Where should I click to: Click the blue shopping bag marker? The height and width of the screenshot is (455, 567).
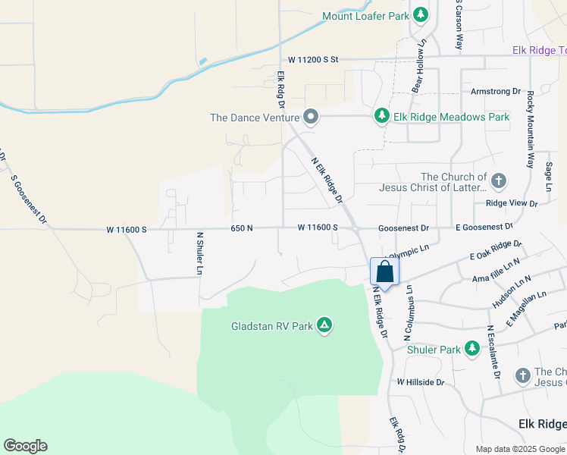coord(384,272)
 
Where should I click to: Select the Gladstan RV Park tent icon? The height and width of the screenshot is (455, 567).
coord(324,326)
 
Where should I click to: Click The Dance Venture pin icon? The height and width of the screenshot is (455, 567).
coord(309,117)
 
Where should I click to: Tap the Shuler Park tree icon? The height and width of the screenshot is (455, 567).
coord(472,349)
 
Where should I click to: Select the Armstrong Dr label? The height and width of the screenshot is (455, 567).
coord(496,91)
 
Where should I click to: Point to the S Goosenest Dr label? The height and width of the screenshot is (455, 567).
coord(30,199)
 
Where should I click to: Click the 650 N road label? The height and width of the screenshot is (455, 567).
coord(242,227)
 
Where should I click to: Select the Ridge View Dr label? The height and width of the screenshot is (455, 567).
coord(512,203)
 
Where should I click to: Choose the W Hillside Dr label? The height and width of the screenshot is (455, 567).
coord(420,382)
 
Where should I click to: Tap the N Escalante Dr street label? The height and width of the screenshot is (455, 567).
coord(493,353)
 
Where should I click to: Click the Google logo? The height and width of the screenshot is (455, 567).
coord(25,446)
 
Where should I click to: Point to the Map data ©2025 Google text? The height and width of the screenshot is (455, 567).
coord(519,449)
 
